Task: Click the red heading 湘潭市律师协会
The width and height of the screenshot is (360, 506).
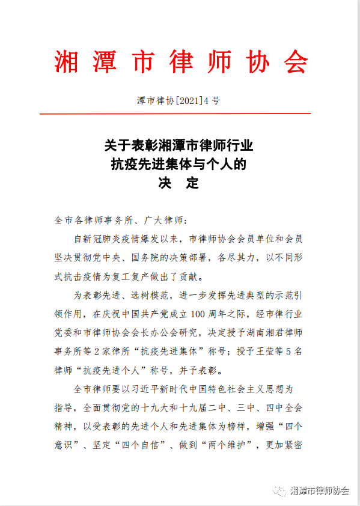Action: pyautogui.click(x=180, y=61)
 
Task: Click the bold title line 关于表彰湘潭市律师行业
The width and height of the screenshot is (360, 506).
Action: pyautogui.click(x=179, y=147)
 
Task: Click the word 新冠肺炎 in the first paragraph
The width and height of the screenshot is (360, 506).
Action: pyautogui.click(x=118, y=239)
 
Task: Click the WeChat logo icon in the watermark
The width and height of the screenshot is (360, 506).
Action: pyautogui.click(x=281, y=490)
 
